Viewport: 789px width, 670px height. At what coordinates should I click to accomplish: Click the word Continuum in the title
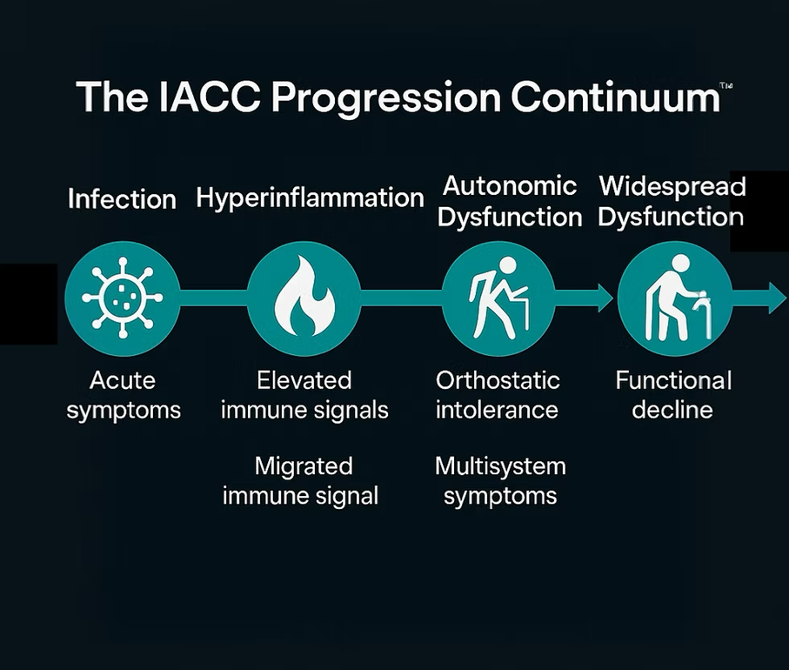click(614, 97)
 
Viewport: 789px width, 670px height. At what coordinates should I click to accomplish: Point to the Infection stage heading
click(122, 199)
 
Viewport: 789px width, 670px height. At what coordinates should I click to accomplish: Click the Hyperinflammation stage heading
click(310, 198)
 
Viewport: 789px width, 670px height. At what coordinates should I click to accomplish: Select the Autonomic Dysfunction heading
click(510, 201)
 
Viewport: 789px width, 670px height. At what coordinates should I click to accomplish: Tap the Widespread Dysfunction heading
click(672, 201)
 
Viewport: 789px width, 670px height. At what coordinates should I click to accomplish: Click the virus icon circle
click(123, 298)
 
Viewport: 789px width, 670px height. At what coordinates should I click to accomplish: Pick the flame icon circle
click(304, 298)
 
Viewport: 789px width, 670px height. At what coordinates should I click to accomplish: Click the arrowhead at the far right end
click(776, 298)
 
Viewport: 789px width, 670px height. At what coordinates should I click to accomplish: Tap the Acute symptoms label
click(124, 395)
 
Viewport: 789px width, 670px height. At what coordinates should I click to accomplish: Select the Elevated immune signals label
click(304, 395)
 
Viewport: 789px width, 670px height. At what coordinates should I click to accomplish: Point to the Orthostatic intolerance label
click(498, 395)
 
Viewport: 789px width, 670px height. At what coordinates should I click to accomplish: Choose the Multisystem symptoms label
click(500, 480)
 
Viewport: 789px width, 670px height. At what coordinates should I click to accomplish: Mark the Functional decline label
click(672, 395)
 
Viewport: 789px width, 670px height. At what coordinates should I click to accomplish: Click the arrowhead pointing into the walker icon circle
click(603, 298)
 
